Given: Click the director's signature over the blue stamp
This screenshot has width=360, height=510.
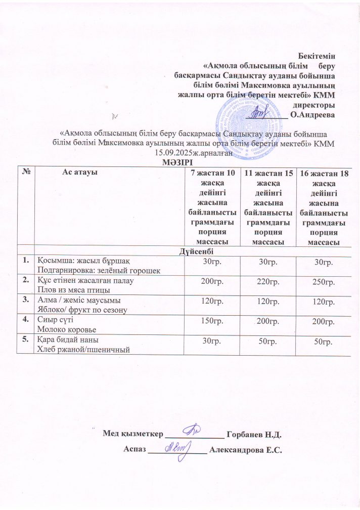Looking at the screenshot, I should point(257,110).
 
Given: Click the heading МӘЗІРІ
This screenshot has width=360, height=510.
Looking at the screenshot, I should point(179,161).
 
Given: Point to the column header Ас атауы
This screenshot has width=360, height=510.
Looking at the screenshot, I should point(80,172).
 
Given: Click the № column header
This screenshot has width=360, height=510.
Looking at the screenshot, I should point(26,172).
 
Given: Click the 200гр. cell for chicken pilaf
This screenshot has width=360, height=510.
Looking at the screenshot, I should point(212,281).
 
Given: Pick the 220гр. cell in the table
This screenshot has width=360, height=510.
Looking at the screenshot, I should point(268,281).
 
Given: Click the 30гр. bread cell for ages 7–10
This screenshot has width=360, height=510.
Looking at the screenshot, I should point(212,342).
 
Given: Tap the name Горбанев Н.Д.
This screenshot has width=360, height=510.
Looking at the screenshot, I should point(254,434).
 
